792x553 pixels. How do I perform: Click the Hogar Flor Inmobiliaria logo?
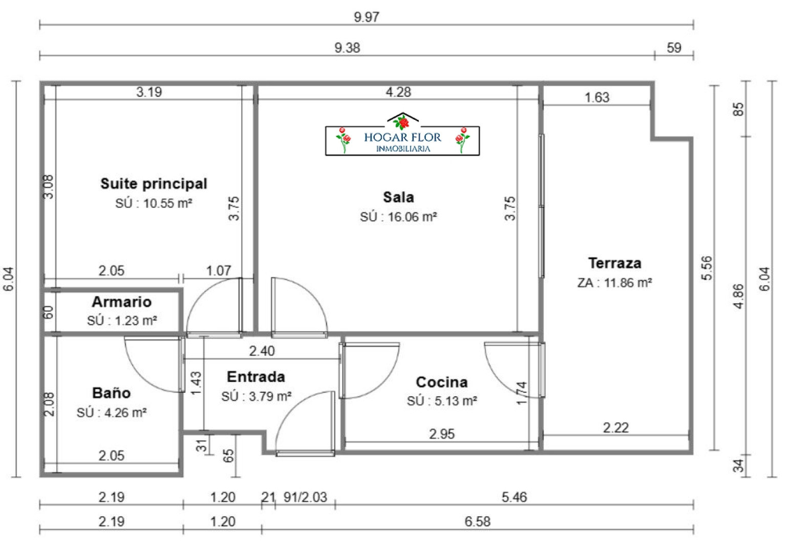pyautogui.click(x=402, y=134)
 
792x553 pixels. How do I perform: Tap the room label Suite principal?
pyautogui.click(x=154, y=184)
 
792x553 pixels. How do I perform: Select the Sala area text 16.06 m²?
pyautogui.click(x=412, y=217)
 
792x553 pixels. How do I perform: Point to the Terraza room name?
pyautogui.click(x=615, y=263)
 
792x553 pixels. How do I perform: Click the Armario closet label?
pyautogui.click(x=122, y=302)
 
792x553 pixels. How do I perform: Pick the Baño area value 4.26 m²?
pyautogui.click(x=125, y=413)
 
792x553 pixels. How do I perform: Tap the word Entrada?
pyautogui.click(x=256, y=377)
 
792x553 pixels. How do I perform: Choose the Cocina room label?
pyautogui.click(x=442, y=382)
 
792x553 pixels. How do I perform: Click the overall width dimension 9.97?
pyautogui.click(x=367, y=17)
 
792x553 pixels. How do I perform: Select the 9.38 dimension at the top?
pyautogui.click(x=347, y=48)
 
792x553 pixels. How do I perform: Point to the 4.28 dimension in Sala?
pyautogui.click(x=398, y=92)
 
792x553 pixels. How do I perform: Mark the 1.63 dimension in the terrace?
pyautogui.click(x=597, y=98)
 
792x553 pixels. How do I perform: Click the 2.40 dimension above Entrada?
pyautogui.click(x=262, y=351)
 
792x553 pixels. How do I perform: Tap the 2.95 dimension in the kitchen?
pyautogui.click(x=442, y=434)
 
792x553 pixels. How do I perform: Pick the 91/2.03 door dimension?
pyautogui.click(x=306, y=498)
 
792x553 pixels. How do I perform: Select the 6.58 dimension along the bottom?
pyautogui.click(x=478, y=522)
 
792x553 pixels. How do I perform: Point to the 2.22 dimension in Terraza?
pyautogui.click(x=616, y=428)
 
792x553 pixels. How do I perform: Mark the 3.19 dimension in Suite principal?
pyautogui.click(x=149, y=92)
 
